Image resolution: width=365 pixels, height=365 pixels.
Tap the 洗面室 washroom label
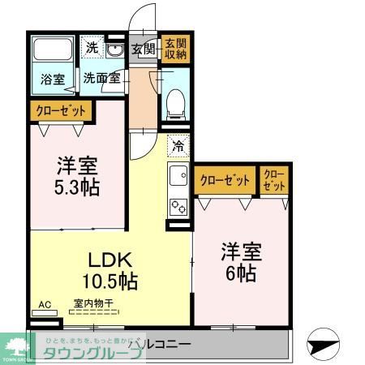tap(101, 79)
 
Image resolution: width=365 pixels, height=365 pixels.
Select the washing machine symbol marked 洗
tap(93, 48)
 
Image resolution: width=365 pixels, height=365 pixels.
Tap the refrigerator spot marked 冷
tap(177, 147)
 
